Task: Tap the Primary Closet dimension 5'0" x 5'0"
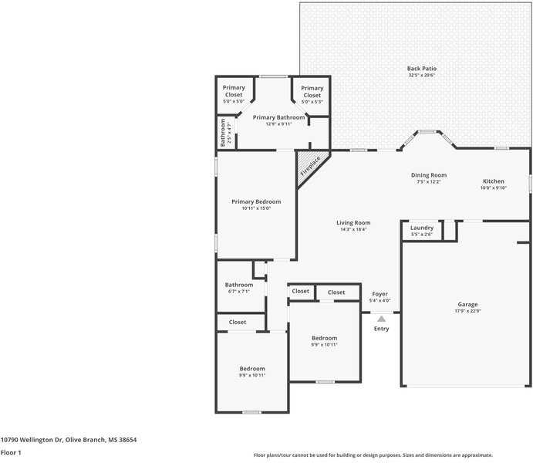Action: click(x=234, y=101)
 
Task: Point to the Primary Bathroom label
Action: click(x=278, y=117)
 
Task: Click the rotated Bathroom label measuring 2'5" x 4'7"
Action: click(x=223, y=133)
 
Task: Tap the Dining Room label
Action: click(x=428, y=175)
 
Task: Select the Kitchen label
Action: click(x=494, y=181)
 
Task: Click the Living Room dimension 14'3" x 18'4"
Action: click(x=353, y=229)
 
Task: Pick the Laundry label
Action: click(x=421, y=228)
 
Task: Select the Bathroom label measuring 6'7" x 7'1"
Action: click(x=239, y=285)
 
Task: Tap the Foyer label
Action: click(x=380, y=294)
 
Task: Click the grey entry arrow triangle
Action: click(x=381, y=318)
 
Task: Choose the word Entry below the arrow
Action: click(x=381, y=329)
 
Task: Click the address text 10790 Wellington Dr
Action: click(x=32, y=440)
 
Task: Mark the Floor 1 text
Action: click(x=11, y=452)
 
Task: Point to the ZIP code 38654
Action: click(x=127, y=440)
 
